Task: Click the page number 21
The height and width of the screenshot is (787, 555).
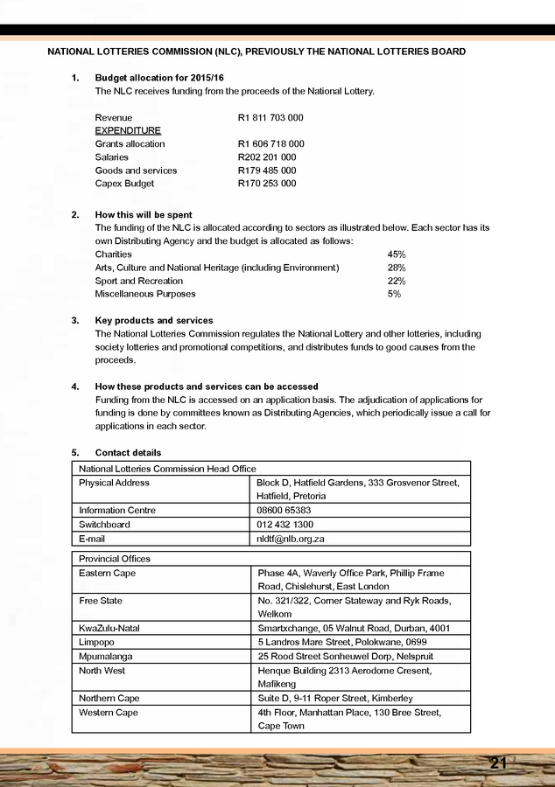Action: [498, 763]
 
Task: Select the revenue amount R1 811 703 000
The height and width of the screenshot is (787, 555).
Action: [270, 117]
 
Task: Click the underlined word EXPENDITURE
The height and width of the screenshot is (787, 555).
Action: [128, 130]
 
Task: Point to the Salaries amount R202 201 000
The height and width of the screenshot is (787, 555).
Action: [267, 157]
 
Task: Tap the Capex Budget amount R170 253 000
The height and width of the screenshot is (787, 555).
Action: [267, 184]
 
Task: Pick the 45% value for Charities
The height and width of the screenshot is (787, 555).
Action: [396, 254]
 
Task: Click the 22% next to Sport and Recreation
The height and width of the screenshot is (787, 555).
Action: [396, 281]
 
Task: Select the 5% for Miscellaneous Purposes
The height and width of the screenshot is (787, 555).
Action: [394, 294]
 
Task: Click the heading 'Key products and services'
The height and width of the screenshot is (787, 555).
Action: [153, 321]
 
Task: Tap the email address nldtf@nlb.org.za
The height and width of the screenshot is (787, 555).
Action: [292, 539]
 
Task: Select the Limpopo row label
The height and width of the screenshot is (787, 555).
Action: [96, 643]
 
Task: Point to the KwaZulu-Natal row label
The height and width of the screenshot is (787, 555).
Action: [109, 629]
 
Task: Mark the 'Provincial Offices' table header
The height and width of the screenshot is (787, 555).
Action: [115, 559]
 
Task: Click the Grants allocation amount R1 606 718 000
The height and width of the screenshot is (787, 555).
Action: [270, 143]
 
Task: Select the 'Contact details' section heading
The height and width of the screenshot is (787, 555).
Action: [128, 453]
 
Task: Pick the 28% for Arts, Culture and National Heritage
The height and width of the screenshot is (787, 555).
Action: [396, 268]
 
